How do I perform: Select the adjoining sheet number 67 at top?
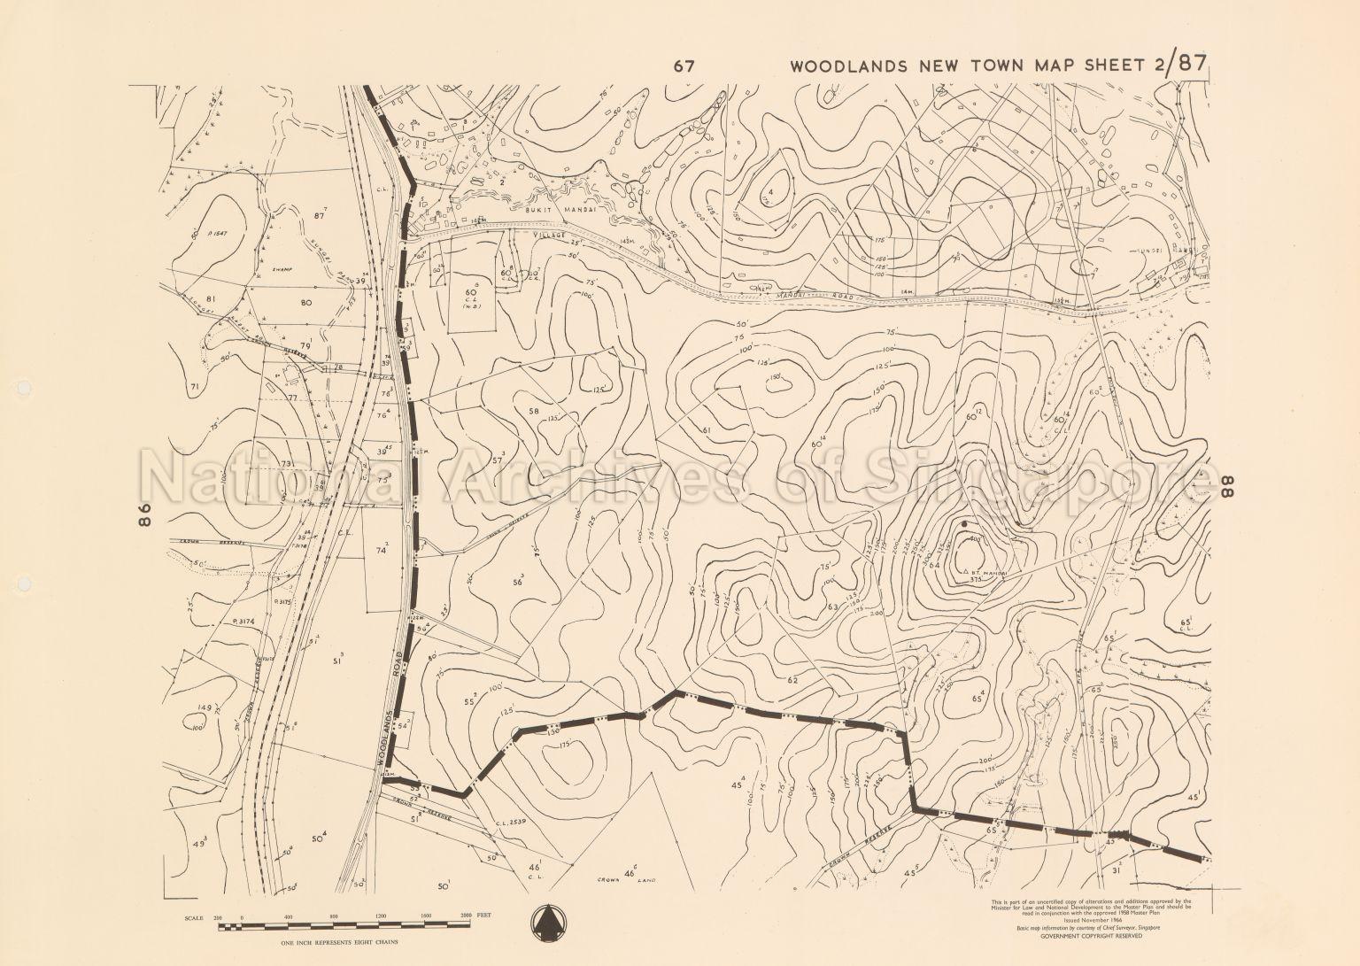click(682, 66)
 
